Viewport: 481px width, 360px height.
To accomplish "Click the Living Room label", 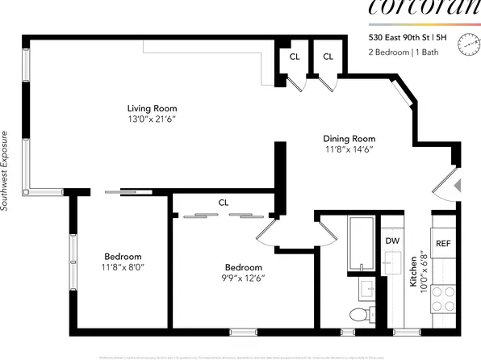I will (x=152, y=108).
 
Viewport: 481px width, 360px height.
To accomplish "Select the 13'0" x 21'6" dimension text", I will (x=152, y=119).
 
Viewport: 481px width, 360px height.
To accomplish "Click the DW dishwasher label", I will (x=392, y=241).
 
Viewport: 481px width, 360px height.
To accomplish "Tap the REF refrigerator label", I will (x=443, y=243).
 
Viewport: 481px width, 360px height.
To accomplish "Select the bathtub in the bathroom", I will (x=360, y=245).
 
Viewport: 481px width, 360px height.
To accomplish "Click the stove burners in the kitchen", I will (x=444, y=300).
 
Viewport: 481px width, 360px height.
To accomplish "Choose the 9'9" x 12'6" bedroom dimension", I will (x=244, y=278).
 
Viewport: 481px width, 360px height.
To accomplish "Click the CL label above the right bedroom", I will (x=224, y=203).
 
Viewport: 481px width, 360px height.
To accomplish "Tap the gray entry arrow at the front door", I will (x=457, y=186).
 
